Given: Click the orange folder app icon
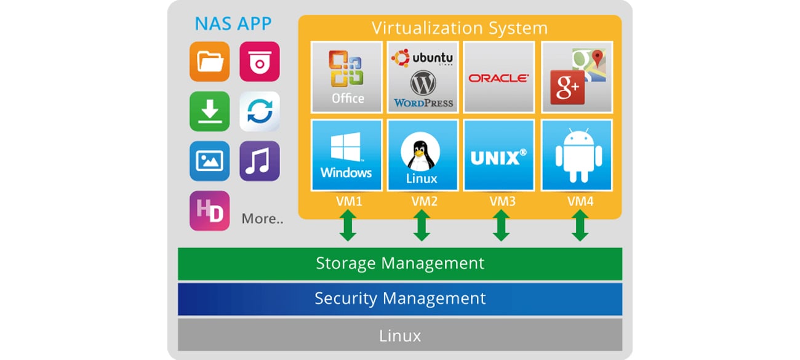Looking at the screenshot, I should [209, 62].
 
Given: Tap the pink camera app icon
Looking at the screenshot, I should [259, 62].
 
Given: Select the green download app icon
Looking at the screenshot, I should [209, 111].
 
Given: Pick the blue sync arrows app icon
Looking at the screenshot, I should [259, 111].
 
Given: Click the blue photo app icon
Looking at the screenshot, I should [209, 161].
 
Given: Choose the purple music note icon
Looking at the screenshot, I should [259, 161].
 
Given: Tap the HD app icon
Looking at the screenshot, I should [209, 210].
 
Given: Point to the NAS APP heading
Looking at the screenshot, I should [233, 24].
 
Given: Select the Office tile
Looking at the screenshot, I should [346, 77].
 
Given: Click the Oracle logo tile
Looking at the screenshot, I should [498, 77].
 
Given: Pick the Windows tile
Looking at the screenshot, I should [346, 155].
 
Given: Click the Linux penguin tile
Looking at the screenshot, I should [422, 155].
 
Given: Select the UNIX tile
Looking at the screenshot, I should [498, 155].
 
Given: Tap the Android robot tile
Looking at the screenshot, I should [576, 155].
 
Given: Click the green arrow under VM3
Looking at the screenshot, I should [501, 226].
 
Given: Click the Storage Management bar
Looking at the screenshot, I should [400, 263].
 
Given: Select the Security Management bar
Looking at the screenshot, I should [400, 299].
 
